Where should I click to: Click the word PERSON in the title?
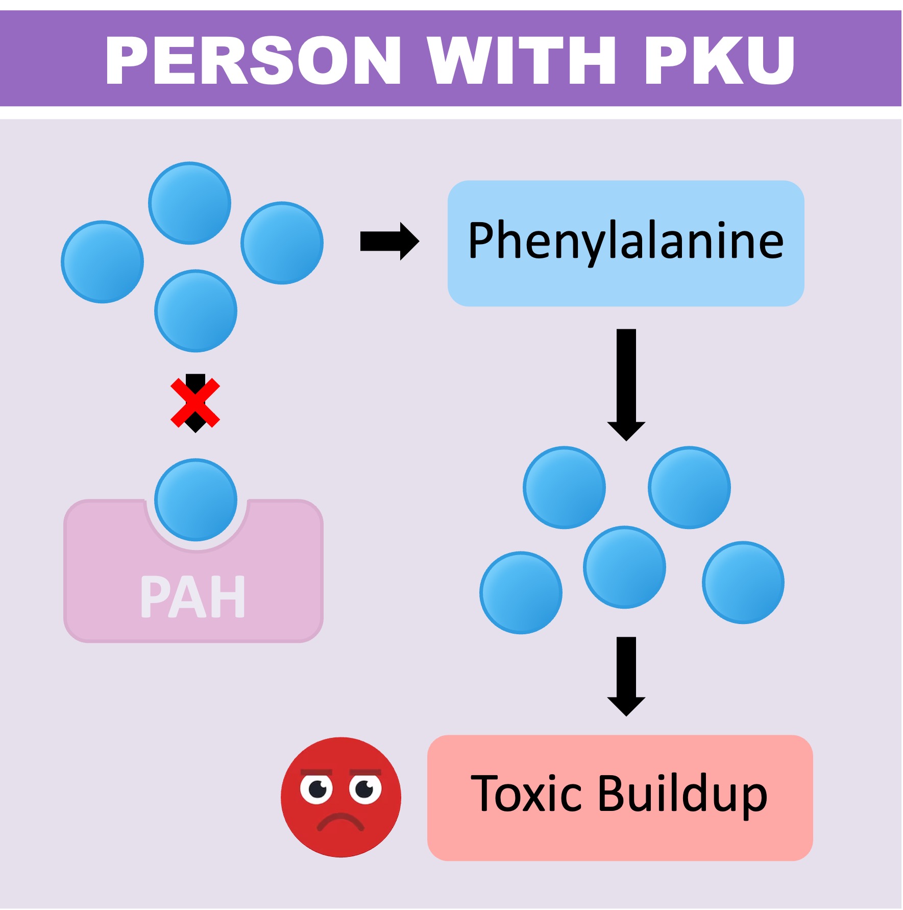coord(253,60)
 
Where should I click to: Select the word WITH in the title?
coord(522,60)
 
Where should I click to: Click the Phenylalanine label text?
coord(626,241)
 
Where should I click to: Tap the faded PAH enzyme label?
coord(193,596)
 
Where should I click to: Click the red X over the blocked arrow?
coord(195,403)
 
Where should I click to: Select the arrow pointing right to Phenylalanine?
coord(389,241)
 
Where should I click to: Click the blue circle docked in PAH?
coord(196,499)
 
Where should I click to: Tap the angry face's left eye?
coord(316,789)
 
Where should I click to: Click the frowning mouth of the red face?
coord(340,821)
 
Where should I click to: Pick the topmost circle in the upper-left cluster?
coord(189,203)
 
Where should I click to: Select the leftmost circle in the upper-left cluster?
coord(102,261)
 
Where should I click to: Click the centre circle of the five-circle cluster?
coord(624,567)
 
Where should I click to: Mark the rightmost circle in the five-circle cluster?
coord(743,582)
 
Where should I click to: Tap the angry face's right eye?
coord(365,789)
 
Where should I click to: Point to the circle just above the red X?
coord(196,310)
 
